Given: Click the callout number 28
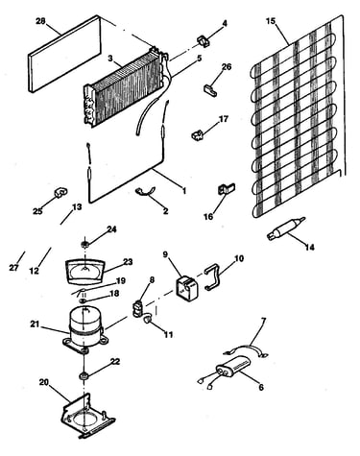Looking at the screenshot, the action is (40, 21).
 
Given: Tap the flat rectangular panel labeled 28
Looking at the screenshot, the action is (64, 54).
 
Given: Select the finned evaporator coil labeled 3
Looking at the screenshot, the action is (126, 88).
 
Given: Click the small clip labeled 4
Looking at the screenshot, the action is (203, 41).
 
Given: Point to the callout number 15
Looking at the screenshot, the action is (271, 21).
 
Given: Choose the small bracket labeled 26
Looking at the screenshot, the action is (210, 88).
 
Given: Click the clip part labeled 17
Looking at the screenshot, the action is (198, 134).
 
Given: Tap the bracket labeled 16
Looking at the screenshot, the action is (226, 189).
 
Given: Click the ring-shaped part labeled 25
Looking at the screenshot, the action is (60, 193).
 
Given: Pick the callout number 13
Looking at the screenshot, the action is (77, 206).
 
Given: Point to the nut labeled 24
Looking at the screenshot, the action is (84, 246).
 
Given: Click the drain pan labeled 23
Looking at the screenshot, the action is (84, 271).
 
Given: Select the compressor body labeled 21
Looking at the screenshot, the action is (85, 329).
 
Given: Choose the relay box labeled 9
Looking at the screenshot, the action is (187, 288).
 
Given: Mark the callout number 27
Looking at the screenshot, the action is (13, 268).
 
